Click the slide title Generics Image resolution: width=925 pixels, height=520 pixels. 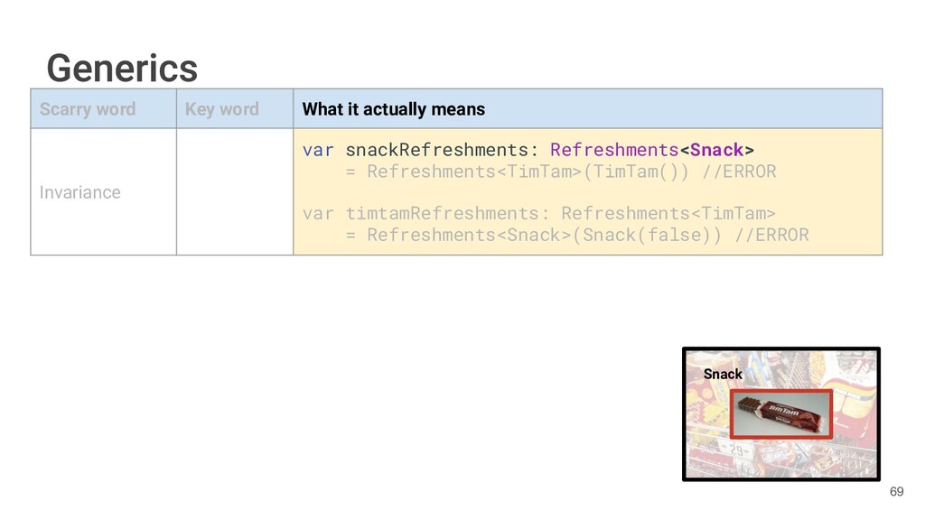[x=122, y=69]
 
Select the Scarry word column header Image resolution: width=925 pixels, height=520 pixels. [x=88, y=109]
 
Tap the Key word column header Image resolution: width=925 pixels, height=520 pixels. [x=222, y=109]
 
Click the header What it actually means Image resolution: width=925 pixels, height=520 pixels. [x=394, y=109]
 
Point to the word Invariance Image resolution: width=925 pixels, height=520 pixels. [x=79, y=192]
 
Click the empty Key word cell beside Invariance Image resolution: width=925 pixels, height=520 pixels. [x=234, y=191]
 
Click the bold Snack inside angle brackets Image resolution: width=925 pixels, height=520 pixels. [x=716, y=149]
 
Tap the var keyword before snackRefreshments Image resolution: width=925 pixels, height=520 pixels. [x=318, y=149]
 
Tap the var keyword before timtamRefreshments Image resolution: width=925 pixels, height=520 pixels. [x=318, y=213]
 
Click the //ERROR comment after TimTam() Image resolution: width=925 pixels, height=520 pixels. [x=739, y=172]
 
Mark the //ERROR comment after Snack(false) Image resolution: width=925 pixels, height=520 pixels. [x=771, y=236]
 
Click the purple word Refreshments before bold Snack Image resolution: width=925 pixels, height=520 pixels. [x=614, y=149]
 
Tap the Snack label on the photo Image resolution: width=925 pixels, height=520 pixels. [x=723, y=374]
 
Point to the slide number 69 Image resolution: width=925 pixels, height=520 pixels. [x=896, y=491]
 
